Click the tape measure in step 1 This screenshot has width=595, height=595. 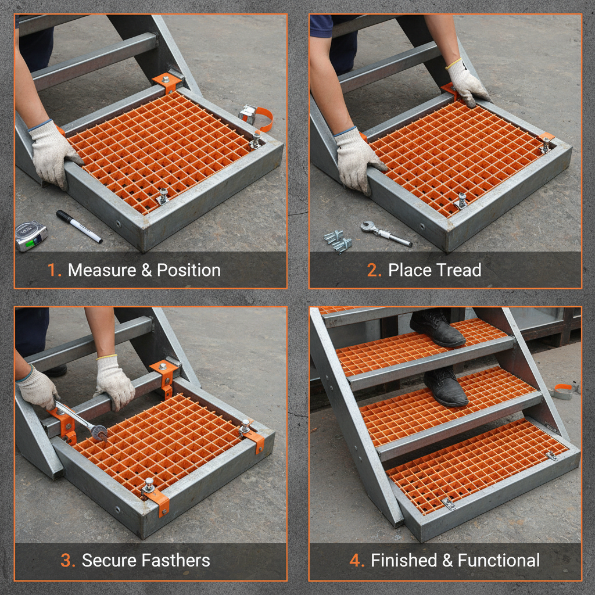[x=30, y=236]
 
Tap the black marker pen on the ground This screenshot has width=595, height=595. [x=79, y=227]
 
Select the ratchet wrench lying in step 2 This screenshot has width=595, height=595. [x=385, y=234]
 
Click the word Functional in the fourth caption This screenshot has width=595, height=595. [x=499, y=561]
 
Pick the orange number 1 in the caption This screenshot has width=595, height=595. [x=54, y=270]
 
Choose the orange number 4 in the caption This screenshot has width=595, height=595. [x=356, y=561]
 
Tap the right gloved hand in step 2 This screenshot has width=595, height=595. [x=468, y=83]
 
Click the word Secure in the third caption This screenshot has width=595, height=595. [x=104, y=561]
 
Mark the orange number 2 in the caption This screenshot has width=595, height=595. [x=374, y=270]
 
